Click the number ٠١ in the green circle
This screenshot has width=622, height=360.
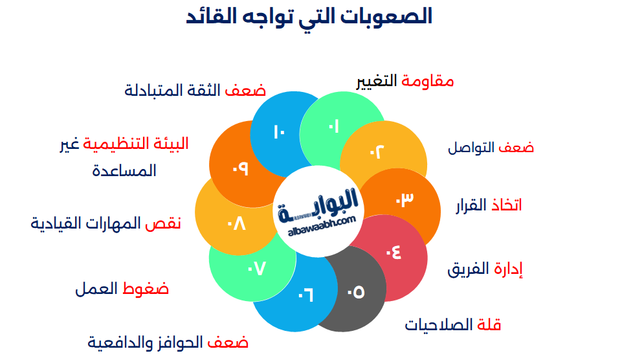coord(334,126)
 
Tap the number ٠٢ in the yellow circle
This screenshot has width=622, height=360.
coord(377,152)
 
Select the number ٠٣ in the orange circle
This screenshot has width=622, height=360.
coord(404,200)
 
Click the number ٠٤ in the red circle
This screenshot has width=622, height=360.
coord(393,251)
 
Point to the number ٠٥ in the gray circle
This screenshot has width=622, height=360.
coord(355,292)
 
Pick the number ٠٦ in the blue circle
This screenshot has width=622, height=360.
coord(305,295)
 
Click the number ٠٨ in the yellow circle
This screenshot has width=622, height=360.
coord(236,224)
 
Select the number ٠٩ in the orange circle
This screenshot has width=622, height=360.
coord(240,168)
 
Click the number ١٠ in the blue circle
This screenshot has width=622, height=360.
coord(280,132)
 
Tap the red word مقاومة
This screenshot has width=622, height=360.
coord(428,81)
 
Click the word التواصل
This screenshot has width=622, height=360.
coord(472,148)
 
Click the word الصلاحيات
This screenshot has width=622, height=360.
coord(438,325)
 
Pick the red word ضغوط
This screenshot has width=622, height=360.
coord(146,289)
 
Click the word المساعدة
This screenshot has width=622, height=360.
coord(124,171)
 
